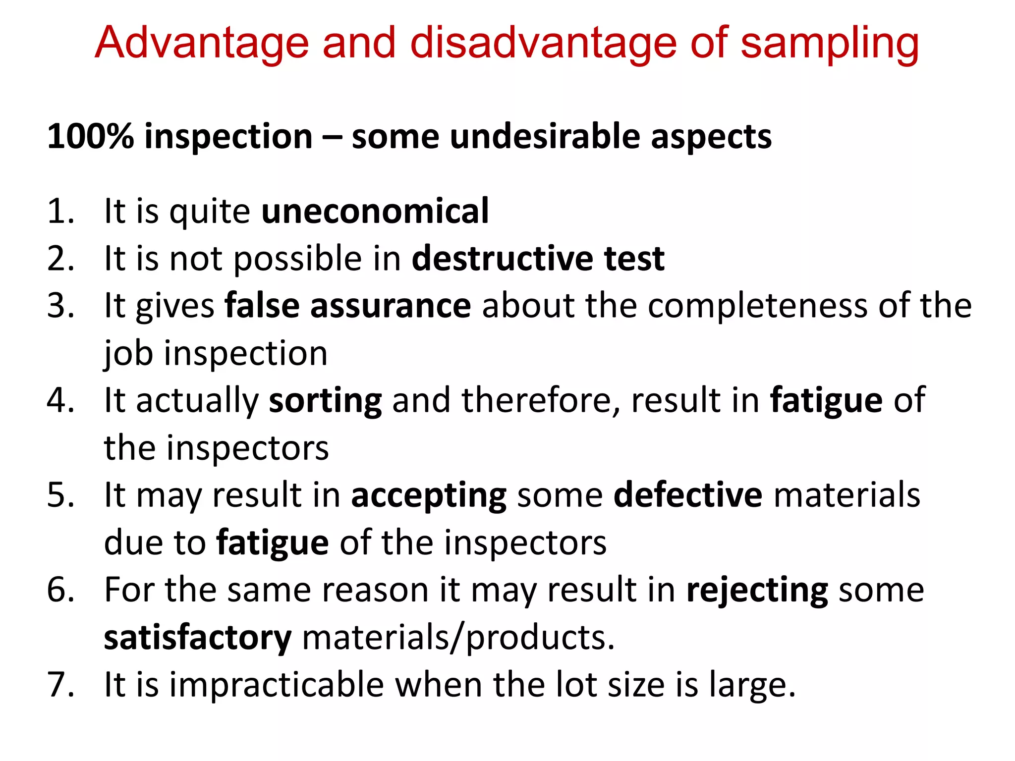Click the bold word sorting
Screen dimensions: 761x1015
click(325, 400)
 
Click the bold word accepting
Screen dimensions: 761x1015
click(429, 495)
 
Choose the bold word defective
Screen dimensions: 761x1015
click(688, 495)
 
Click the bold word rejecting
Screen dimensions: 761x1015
click(757, 590)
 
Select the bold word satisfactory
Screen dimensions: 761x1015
click(198, 638)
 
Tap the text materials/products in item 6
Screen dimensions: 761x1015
click(458, 638)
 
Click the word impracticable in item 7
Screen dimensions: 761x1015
click(277, 685)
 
